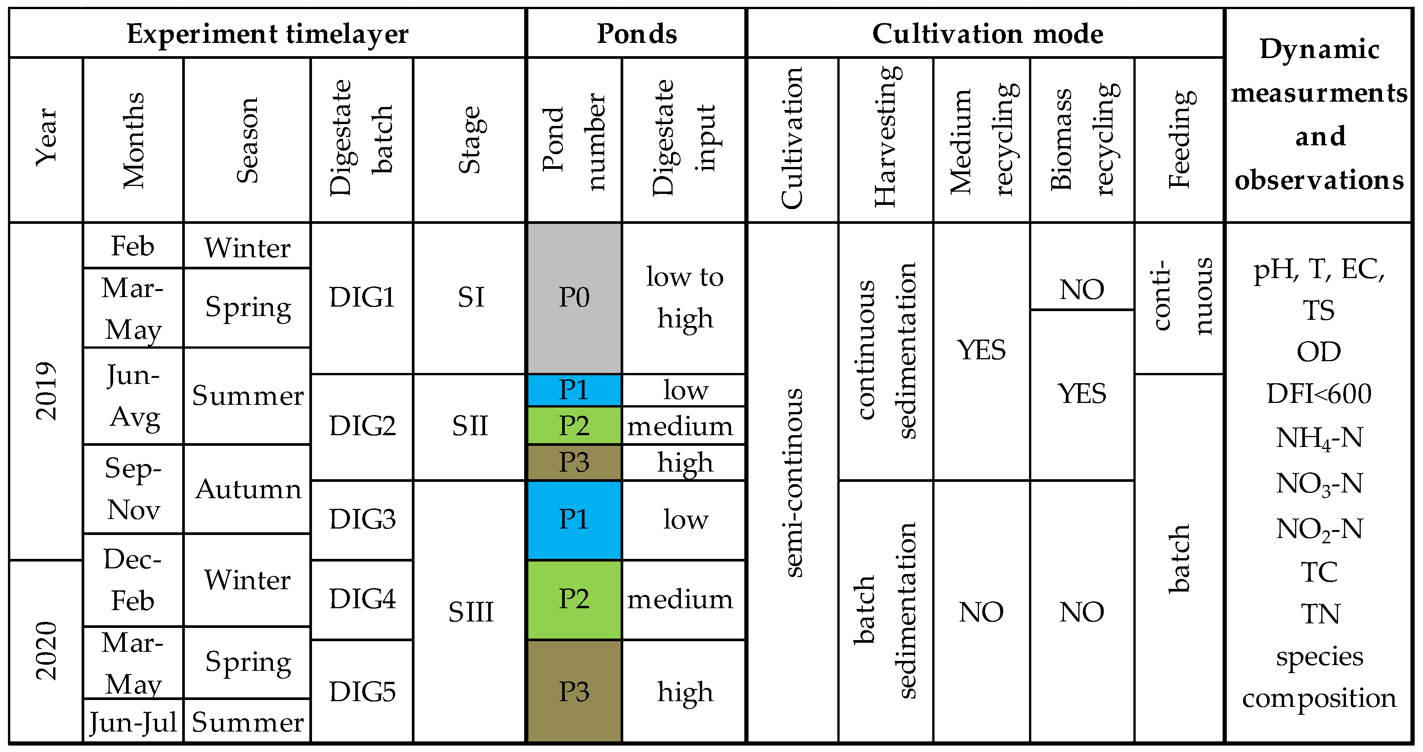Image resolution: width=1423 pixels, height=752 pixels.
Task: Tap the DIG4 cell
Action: tap(362, 599)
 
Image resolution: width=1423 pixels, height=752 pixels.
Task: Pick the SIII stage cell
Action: tap(470, 612)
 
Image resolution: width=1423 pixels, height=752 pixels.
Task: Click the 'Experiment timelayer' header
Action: tap(267, 34)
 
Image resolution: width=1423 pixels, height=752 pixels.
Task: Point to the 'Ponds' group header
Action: tap(637, 34)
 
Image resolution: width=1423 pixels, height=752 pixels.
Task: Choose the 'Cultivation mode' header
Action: tap(986, 34)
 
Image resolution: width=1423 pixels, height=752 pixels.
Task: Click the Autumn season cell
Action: tap(247, 489)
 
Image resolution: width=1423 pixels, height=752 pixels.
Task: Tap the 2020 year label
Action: tap(46, 650)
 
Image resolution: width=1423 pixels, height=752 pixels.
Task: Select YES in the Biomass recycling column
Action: tap(1082, 394)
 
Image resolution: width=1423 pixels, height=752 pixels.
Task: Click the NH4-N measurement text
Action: tap(1319, 438)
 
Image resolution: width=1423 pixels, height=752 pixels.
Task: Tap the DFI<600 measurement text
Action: tap(1319, 394)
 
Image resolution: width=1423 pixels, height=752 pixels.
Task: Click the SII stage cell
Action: tap(470, 426)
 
